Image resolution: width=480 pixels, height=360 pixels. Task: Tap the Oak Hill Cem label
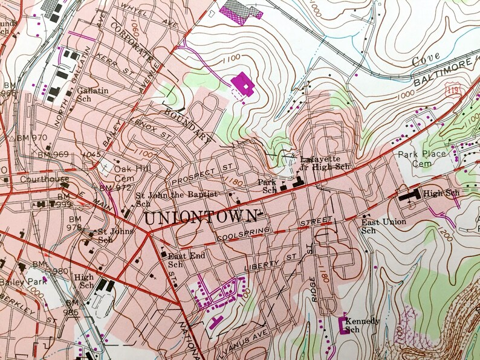(131, 173)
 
